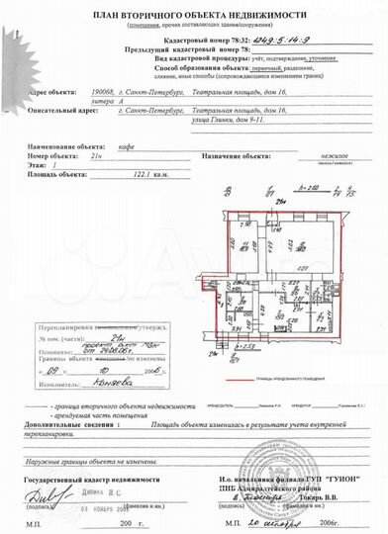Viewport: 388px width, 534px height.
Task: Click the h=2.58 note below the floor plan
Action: [249, 348]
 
